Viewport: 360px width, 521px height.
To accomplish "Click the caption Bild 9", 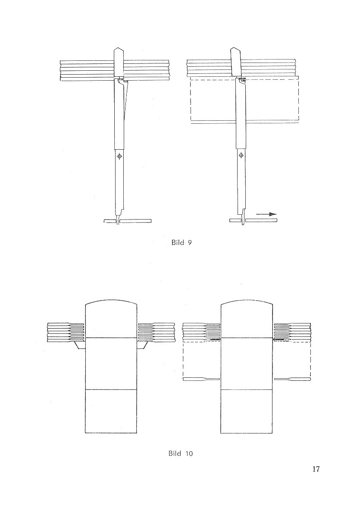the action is click(182, 242).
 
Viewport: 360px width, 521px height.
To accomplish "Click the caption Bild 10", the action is click(181, 454).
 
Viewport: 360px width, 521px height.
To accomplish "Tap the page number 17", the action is click(316, 469).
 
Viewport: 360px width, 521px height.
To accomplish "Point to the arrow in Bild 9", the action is click(266, 214).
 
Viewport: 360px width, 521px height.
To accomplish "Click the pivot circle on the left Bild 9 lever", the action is click(119, 156).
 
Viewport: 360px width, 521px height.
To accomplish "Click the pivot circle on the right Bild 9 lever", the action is click(241, 155).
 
